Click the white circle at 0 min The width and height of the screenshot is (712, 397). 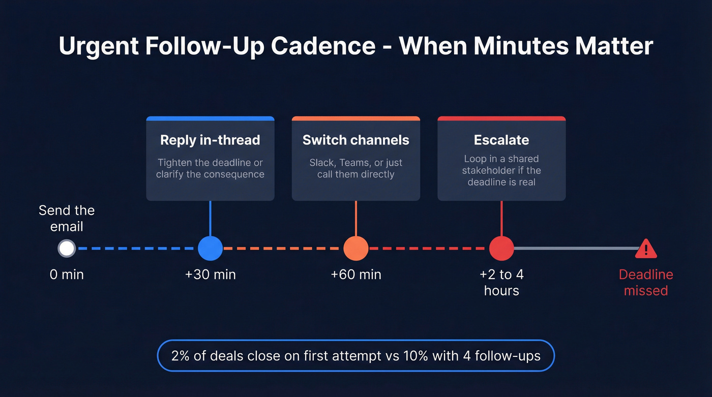(67, 249)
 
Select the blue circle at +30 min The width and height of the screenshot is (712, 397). (210, 249)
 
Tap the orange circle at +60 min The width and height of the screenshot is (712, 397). (355, 249)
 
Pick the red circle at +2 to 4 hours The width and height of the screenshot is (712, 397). (501, 249)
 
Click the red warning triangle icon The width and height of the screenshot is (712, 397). (646, 249)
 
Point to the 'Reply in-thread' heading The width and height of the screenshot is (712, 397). (210, 140)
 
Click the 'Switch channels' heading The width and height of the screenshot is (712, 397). (355, 140)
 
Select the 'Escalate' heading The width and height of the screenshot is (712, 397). (501, 140)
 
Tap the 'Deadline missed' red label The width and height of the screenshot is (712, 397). (646, 283)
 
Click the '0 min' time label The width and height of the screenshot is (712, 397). (67, 275)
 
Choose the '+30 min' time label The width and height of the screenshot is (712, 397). (210, 275)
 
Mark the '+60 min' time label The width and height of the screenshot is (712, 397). (355, 275)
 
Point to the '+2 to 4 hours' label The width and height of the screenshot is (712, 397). (501, 283)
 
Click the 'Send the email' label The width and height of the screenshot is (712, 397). (67, 219)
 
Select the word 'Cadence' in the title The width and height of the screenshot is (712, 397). (323, 46)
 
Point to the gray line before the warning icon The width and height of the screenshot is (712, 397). (575, 249)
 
